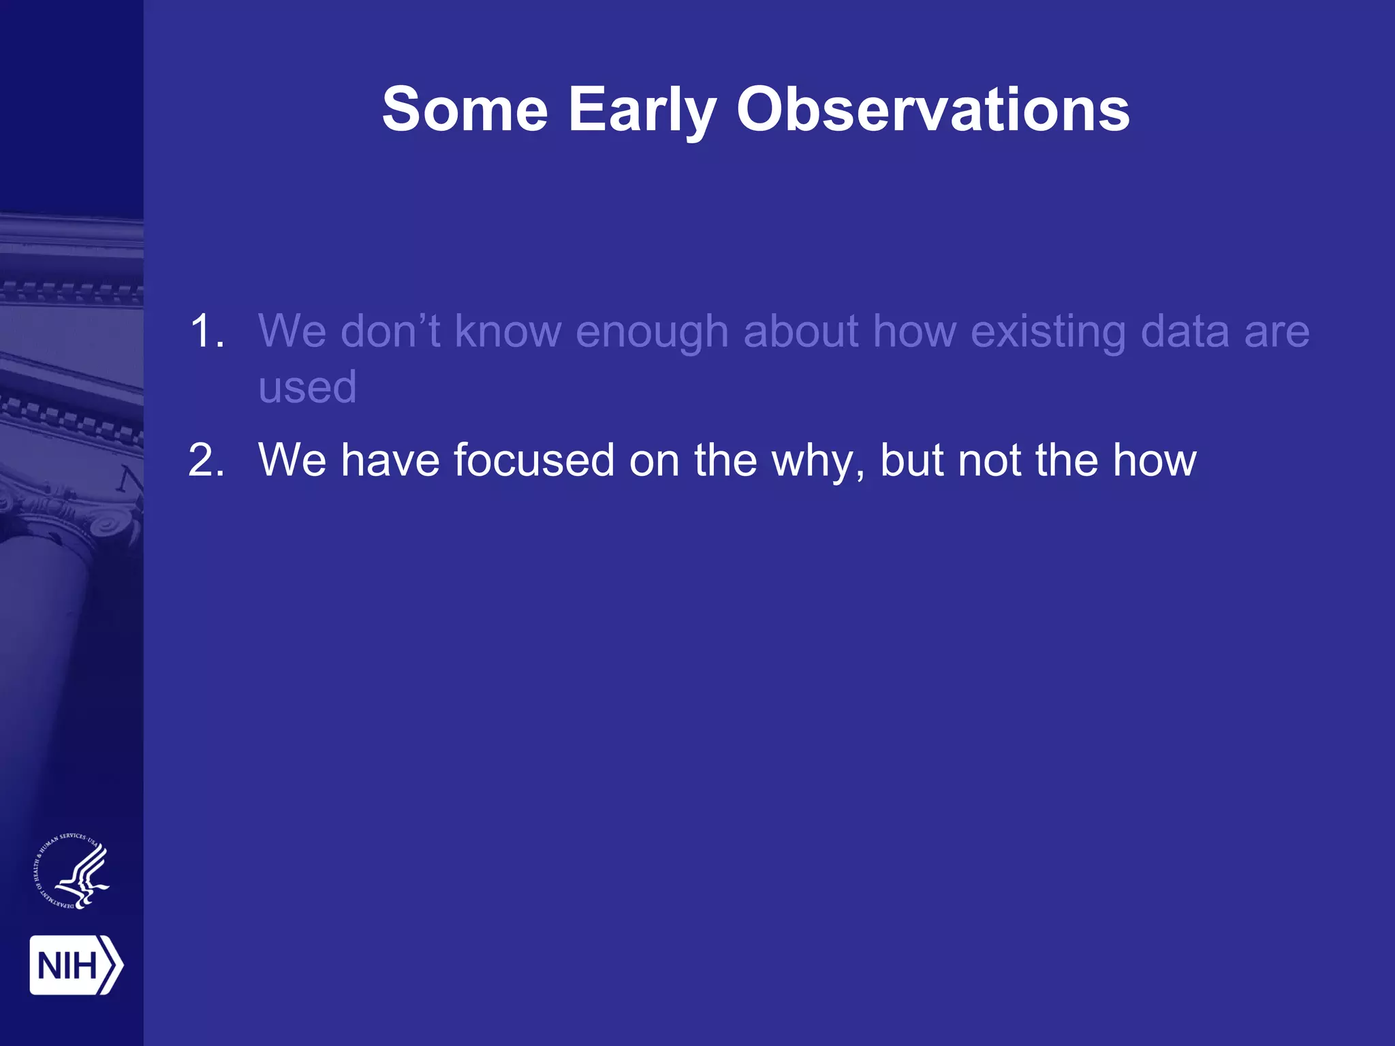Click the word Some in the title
pyautogui.click(x=465, y=110)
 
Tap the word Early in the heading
pyautogui.click(x=642, y=110)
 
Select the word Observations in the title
pyautogui.click(x=932, y=110)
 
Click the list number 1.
pyautogui.click(x=206, y=332)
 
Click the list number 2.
pyautogui.click(x=206, y=460)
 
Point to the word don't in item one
pyautogui.click(x=390, y=332)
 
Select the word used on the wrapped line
pyautogui.click(x=307, y=387)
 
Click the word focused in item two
pyautogui.click(x=534, y=460)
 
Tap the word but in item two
pyautogui.click(x=912, y=460)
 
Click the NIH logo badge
pyautogui.click(x=76, y=965)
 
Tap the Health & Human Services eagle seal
pyautogui.click(x=72, y=871)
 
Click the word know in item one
pyautogui.click(x=507, y=332)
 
